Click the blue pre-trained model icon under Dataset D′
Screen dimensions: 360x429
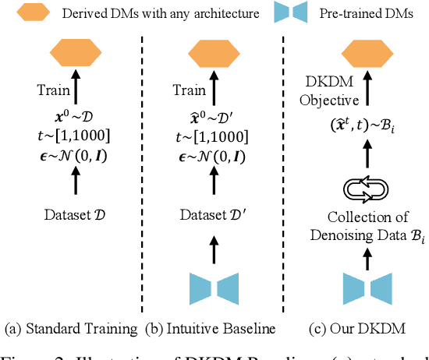[211, 288]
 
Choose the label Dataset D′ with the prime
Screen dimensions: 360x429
[211, 213]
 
